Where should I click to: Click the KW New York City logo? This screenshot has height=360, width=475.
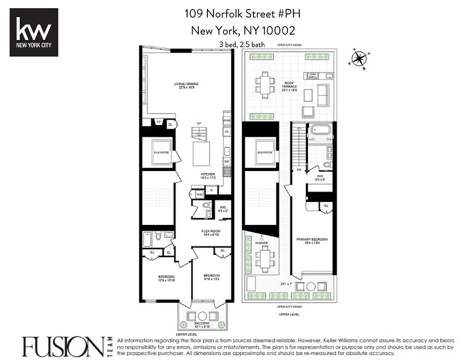[34, 32]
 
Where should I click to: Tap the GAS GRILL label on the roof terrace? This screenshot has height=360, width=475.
[313, 76]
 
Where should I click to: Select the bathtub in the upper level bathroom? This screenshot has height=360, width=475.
[321, 131]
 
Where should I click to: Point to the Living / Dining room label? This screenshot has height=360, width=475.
[186, 85]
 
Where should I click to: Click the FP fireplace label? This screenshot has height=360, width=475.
[158, 122]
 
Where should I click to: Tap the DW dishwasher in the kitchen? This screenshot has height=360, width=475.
[227, 161]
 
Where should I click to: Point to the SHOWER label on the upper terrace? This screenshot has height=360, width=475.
[261, 243]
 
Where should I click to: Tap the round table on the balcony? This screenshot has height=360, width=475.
[202, 315]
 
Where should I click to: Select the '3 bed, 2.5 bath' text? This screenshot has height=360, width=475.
[242, 45]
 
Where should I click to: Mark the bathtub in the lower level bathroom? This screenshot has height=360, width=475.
[148, 239]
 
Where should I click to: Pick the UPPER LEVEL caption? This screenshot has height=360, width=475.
[289, 314]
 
